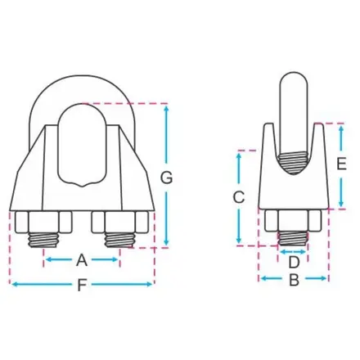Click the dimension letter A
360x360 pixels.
82,260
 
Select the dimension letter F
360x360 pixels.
82,285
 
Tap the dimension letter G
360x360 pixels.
166,178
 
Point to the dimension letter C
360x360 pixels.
239,197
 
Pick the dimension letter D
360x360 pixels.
294,263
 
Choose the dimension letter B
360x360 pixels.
294,280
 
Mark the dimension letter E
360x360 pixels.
341,164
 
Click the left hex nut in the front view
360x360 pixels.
43,223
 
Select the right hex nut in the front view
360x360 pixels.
120,223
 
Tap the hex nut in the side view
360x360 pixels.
293,220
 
